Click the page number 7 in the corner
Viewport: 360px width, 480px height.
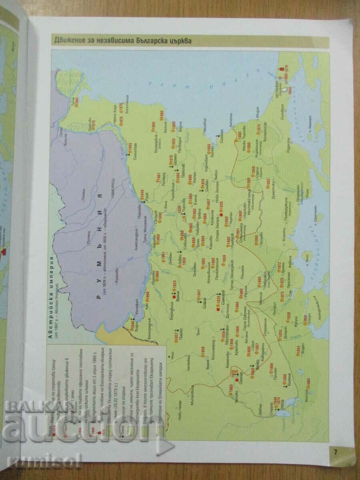point(336,452)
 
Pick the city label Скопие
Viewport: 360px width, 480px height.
point(240,376)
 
